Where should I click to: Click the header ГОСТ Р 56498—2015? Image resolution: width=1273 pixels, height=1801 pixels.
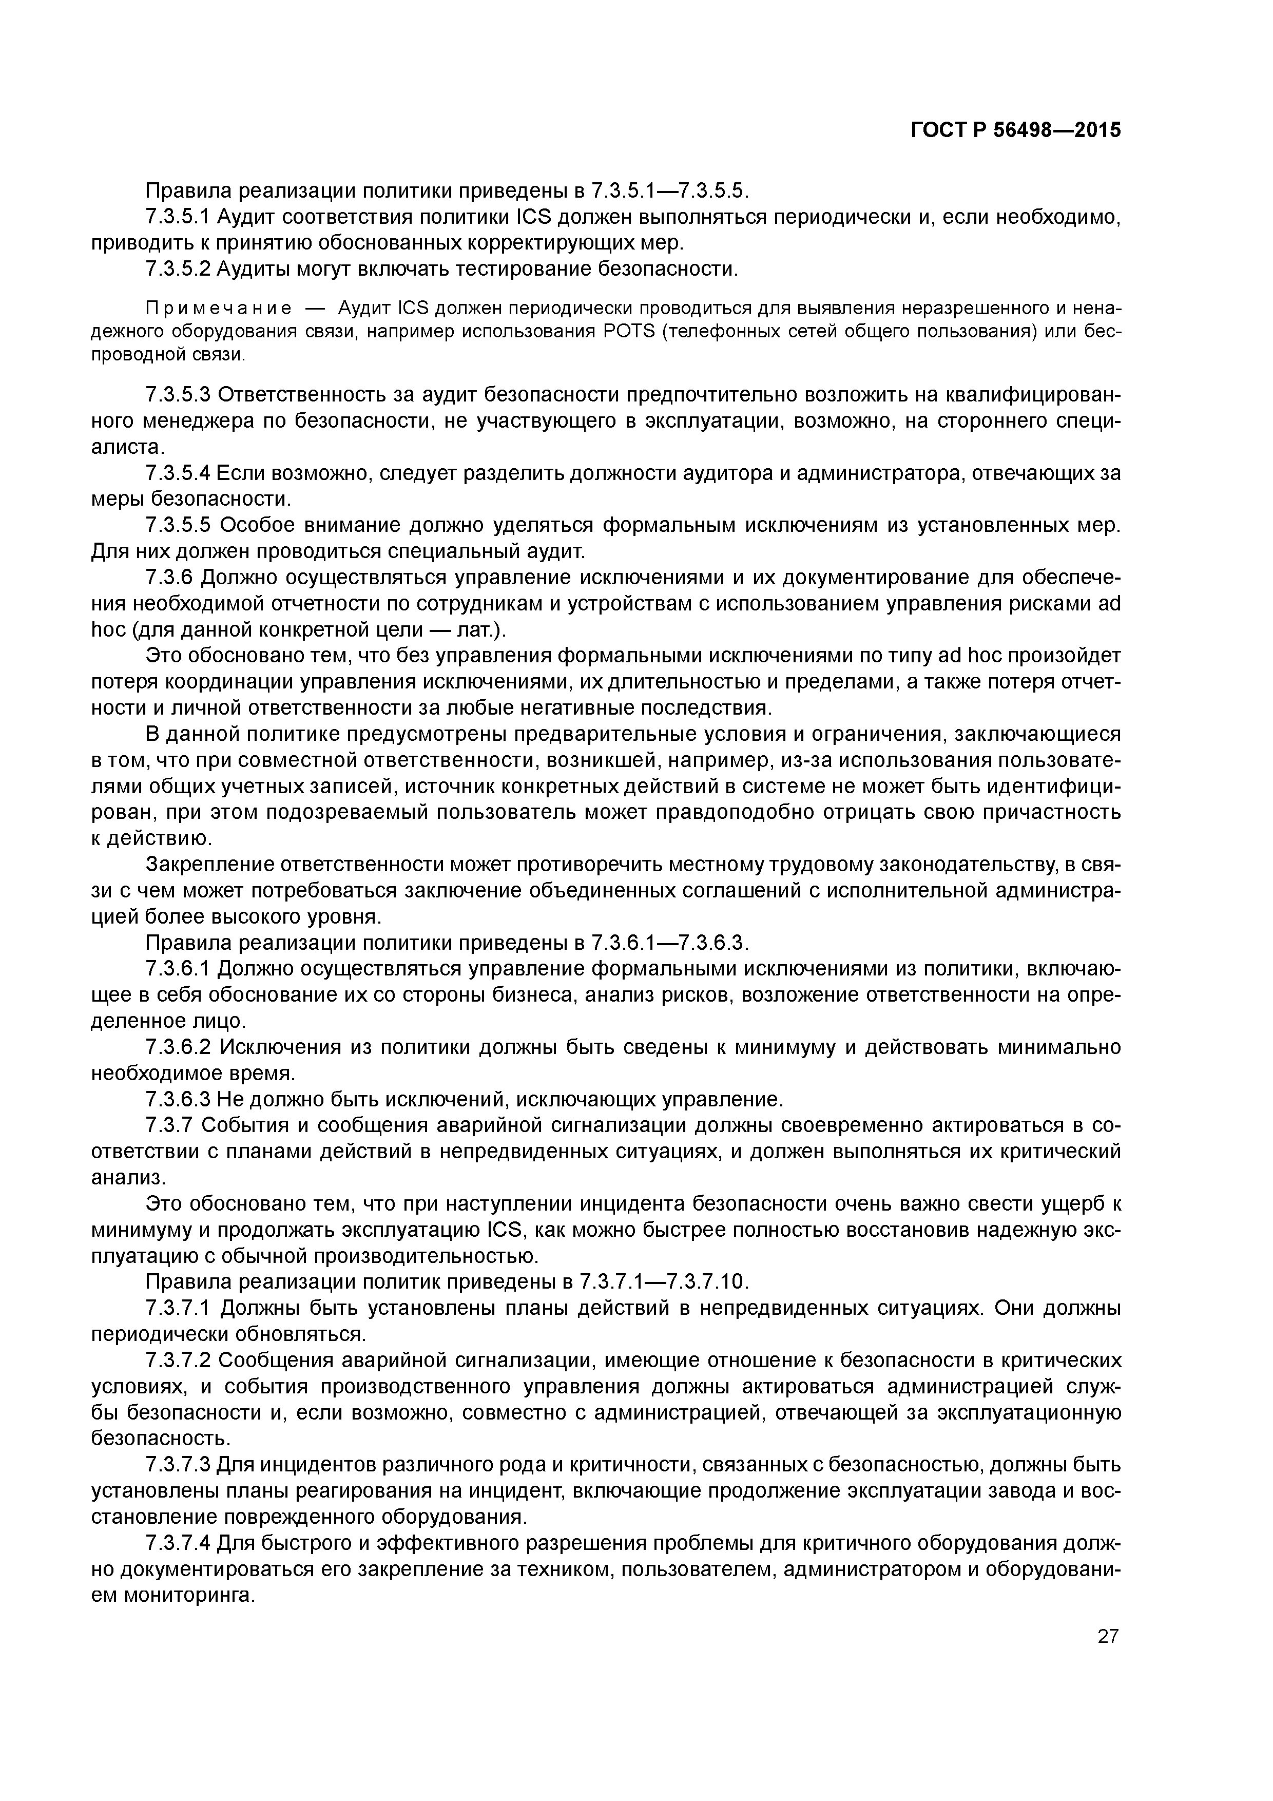pyautogui.click(x=1016, y=131)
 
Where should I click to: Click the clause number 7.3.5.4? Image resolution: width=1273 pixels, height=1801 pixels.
pyautogui.click(x=178, y=473)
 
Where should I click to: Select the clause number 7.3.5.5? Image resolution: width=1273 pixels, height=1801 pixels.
pyautogui.click(x=178, y=526)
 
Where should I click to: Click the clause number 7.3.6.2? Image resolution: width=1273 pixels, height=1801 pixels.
pyautogui.click(x=178, y=1047)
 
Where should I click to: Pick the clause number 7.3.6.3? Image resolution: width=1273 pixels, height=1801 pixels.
pyautogui.click(x=178, y=1099)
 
